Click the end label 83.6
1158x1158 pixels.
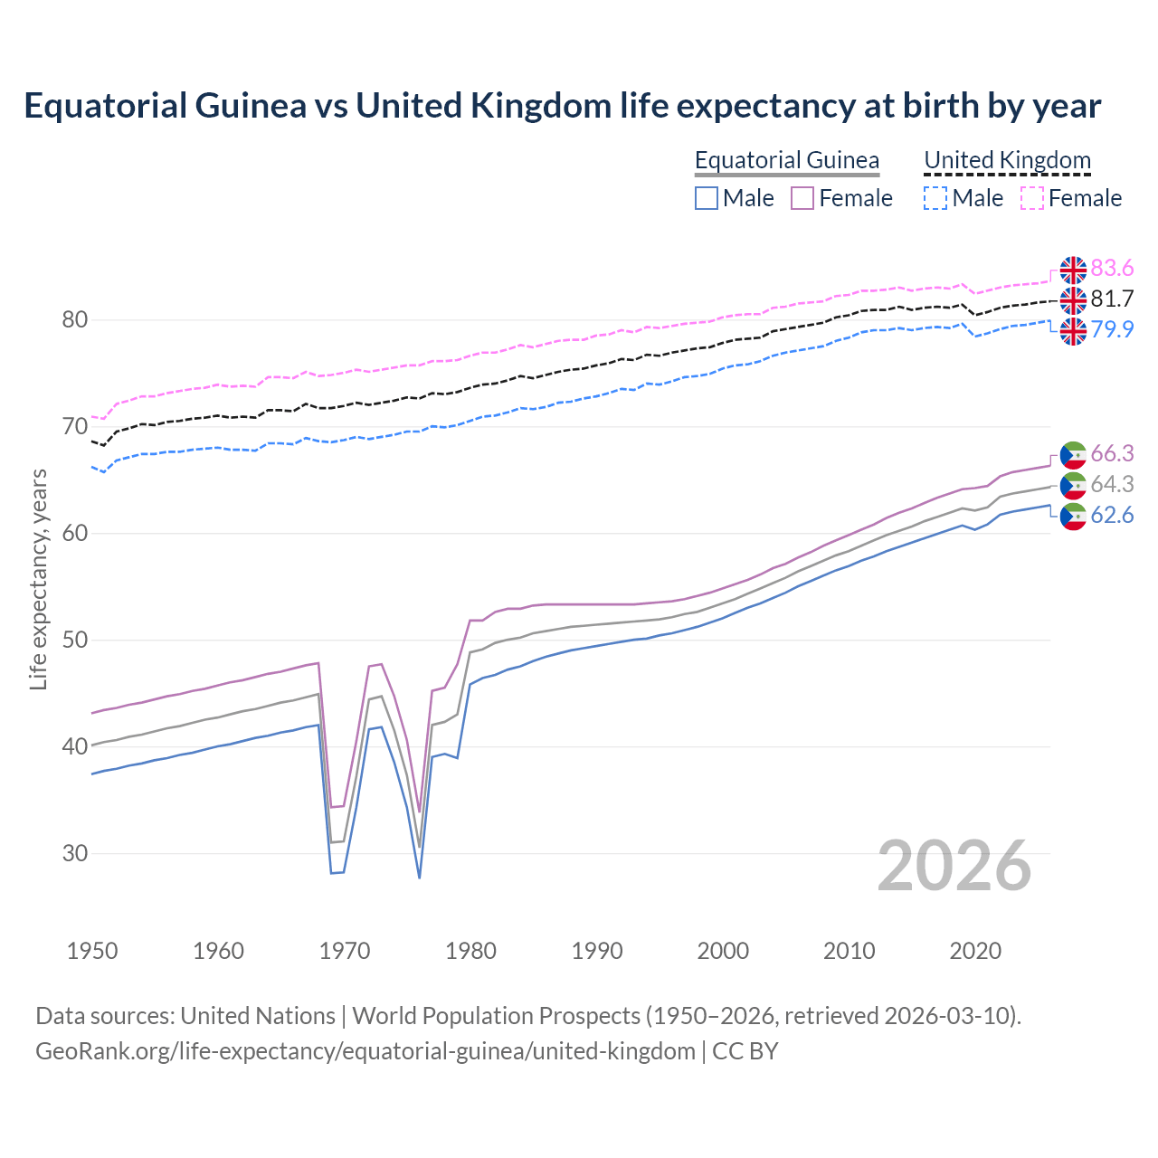pyautogui.click(x=1112, y=268)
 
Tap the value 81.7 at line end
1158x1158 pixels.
pyautogui.click(x=1112, y=299)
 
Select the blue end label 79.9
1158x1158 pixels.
pyautogui.click(x=1112, y=329)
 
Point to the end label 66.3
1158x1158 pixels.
pyautogui.click(x=1112, y=453)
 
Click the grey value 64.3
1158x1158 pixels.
pyautogui.click(x=1112, y=484)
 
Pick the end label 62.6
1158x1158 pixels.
pyautogui.click(x=1112, y=515)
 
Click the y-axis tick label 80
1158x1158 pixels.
pyautogui.click(x=75, y=319)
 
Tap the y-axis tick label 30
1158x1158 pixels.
pyautogui.click(x=75, y=853)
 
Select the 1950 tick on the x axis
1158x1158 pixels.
pyautogui.click(x=92, y=951)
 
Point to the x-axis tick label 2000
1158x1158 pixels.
pyautogui.click(x=723, y=951)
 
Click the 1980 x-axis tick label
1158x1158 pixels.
pyautogui.click(x=471, y=951)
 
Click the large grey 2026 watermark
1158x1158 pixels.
pyautogui.click(x=954, y=866)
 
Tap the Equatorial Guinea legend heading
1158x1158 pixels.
pyautogui.click(x=786, y=160)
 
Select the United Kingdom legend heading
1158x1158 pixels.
pyautogui.click(x=1007, y=160)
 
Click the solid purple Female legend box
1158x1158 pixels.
pyautogui.click(x=802, y=198)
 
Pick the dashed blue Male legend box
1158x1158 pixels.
pyautogui.click(x=935, y=198)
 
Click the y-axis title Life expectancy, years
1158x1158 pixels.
pyautogui.click(x=38, y=579)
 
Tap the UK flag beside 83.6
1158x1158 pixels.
pyautogui.click(x=1073, y=270)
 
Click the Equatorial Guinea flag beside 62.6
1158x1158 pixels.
pyautogui.click(x=1073, y=517)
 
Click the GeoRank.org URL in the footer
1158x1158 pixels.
pyautogui.click(x=365, y=1051)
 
